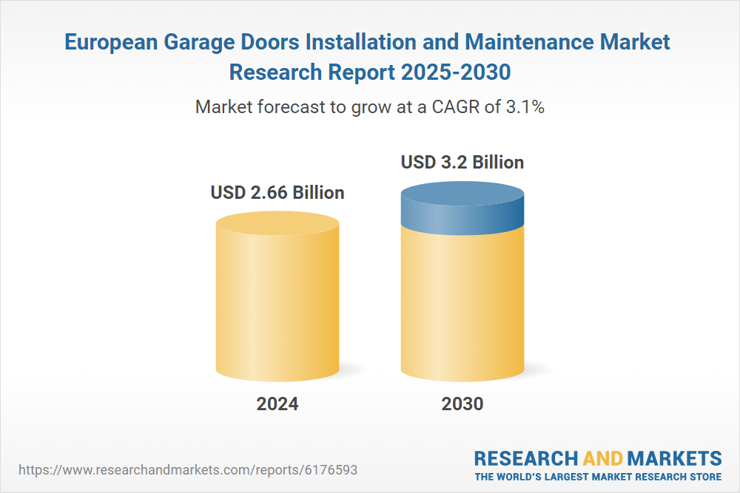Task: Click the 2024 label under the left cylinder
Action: click(277, 404)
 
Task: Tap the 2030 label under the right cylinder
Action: click(462, 404)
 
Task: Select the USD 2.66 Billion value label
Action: click(277, 193)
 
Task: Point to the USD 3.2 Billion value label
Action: click(462, 162)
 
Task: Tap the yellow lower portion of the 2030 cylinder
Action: click(462, 303)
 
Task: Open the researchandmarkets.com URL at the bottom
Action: click(192, 470)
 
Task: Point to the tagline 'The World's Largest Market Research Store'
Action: click(598, 477)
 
